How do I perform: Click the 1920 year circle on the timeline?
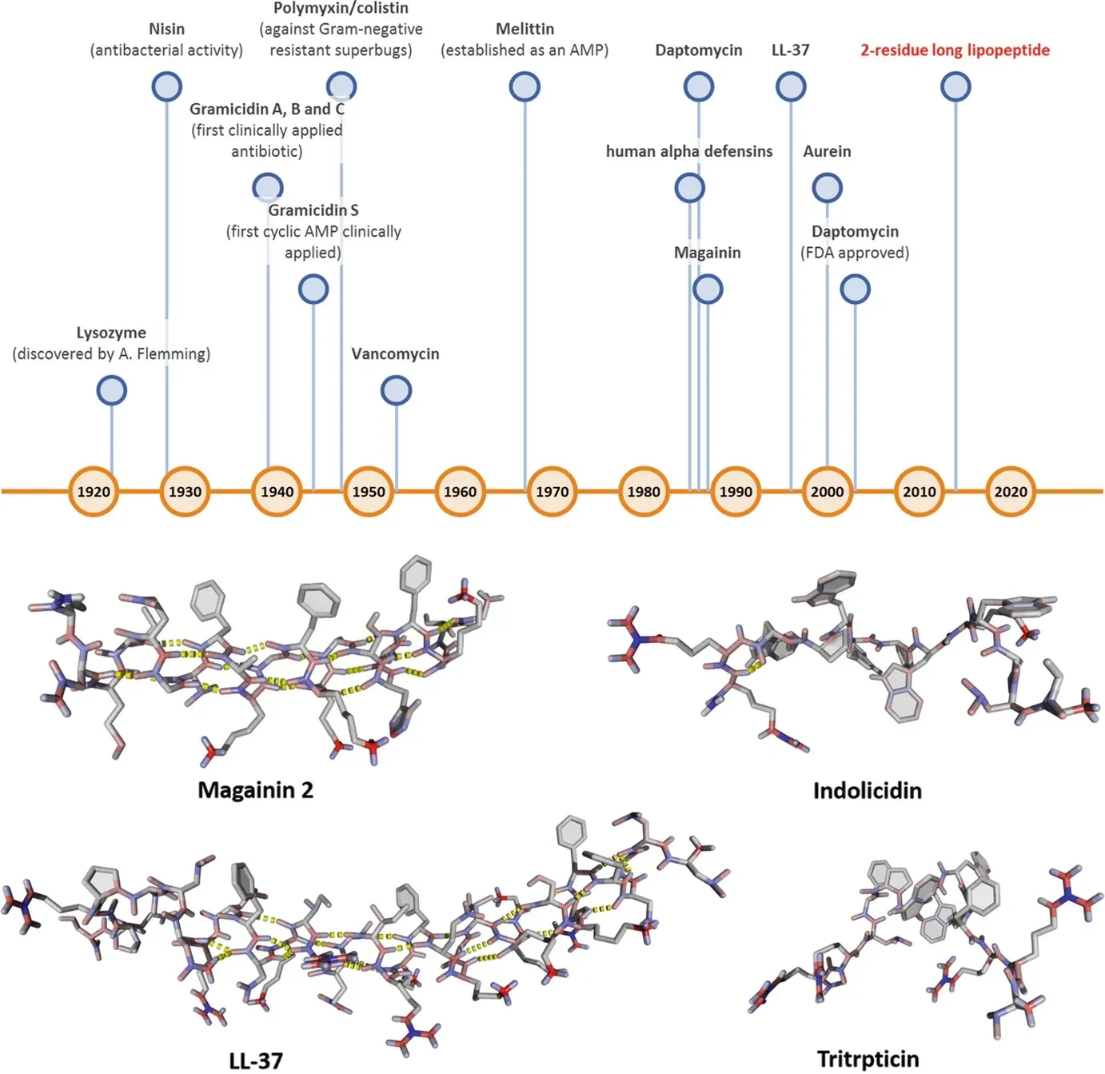pos(94,491)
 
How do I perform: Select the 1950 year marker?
pos(369,491)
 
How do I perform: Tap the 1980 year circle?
pos(644,491)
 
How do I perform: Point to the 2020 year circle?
pos(1011,491)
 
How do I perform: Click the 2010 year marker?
pos(920,491)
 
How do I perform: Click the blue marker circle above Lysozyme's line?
pos(111,390)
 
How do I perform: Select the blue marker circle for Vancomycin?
pos(396,390)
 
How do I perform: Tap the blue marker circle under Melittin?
pos(525,86)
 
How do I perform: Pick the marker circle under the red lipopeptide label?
pos(955,86)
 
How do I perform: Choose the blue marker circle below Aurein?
pos(827,188)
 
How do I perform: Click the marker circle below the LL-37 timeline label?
pos(791,86)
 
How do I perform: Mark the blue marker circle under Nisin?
pos(166,86)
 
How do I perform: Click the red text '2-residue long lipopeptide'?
pos(955,50)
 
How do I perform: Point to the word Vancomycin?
pos(395,353)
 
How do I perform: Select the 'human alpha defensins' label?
pos(688,151)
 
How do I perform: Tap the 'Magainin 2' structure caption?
pos(255,790)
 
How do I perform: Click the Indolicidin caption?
pos(867,791)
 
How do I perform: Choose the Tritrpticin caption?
pos(868,1059)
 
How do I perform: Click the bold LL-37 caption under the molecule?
pos(255,1060)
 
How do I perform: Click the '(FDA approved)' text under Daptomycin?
pos(855,253)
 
